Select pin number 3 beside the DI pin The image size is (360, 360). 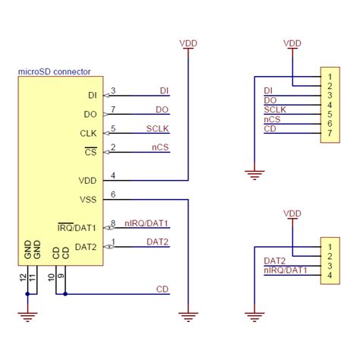click(x=113, y=91)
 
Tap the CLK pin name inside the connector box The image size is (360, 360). click(x=89, y=133)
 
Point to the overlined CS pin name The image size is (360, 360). click(x=90, y=152)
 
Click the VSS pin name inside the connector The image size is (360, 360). click(x=88, y=200)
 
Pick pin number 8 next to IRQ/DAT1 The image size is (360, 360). click(x=113, y=223)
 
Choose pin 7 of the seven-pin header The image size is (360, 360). click(x=330, y=134)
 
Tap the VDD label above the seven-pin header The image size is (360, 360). click(x=292, y=44)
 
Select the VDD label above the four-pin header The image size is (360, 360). click(x=292, y=215)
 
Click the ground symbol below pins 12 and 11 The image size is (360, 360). click(x=28, y=314)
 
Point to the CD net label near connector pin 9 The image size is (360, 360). click(x=162, y=289)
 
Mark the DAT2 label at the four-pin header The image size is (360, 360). click(x=274, y=261)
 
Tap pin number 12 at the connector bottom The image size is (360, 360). click(x=22, y=279)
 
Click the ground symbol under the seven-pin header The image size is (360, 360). click(x=254, y=175)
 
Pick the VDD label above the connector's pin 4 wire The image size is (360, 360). click(x=188, y=44)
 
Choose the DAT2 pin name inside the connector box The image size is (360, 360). click(x=86, y=247)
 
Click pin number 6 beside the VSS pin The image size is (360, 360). click(x=113, y=195)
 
